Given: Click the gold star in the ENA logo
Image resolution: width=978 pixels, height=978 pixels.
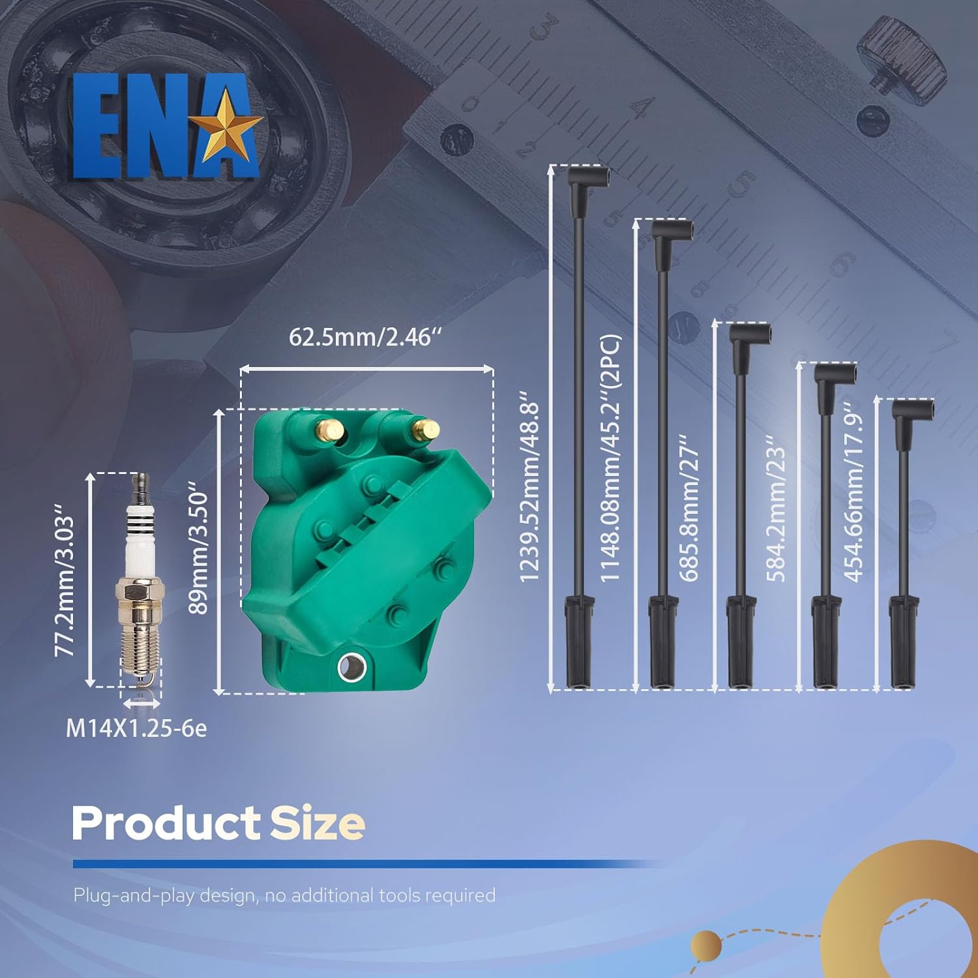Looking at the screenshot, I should pyautogui.click(x=230, y=126).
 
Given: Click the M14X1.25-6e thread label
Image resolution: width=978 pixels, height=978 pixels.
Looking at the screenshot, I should pyautogui.click(x=136, y=728).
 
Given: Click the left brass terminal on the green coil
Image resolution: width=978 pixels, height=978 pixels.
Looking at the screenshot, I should pyautogui.click(x=330, y=431).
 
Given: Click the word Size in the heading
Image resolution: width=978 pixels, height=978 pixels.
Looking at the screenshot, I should pyautogui.click(x=317, y=823).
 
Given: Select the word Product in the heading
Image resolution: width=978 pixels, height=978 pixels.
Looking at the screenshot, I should pyautogui.click(x=166, y=823).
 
